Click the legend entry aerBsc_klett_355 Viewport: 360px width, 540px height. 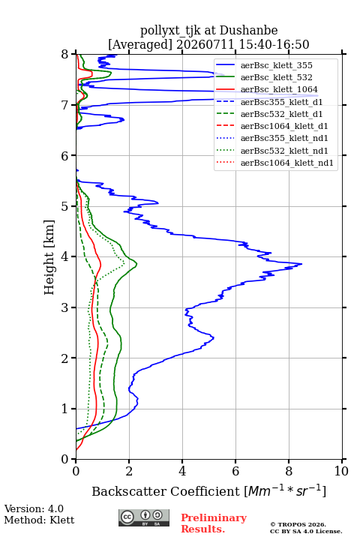point(264,65)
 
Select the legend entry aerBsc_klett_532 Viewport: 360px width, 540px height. point(264,77)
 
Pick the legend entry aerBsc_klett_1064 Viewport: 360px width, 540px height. point(267,89)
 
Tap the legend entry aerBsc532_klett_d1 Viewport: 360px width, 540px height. point(269,114)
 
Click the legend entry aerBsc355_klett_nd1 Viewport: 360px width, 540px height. point(272,138)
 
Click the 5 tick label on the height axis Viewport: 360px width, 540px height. point(65,206)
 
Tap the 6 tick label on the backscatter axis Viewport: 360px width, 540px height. point(235,471)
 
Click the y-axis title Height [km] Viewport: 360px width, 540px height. point(49,257)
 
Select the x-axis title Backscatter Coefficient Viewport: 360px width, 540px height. point(166,491)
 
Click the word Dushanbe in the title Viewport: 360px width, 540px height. point(249,30)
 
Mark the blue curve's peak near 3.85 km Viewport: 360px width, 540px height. point(301,264)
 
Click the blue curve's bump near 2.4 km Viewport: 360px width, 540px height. point(214,337)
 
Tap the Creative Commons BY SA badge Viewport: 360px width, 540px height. point(144,517)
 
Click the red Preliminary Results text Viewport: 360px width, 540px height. point(214,523)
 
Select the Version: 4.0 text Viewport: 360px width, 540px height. point(34,508)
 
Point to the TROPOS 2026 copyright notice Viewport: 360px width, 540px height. point(298,524)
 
